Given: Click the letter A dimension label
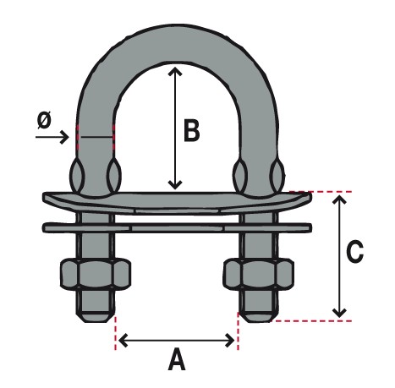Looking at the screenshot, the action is (177, 359).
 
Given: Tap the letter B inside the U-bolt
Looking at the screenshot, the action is (192, 130).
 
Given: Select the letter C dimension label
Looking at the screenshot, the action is (354, 251).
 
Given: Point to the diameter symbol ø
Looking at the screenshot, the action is (44, 120).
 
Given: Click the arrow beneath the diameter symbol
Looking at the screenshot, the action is (52, 138).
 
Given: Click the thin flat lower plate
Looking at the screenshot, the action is (177, 227).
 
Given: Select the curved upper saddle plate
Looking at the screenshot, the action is (177, 202).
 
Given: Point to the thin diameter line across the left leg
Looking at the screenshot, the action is (96, 137).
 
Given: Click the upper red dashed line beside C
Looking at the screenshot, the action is (321, 192).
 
